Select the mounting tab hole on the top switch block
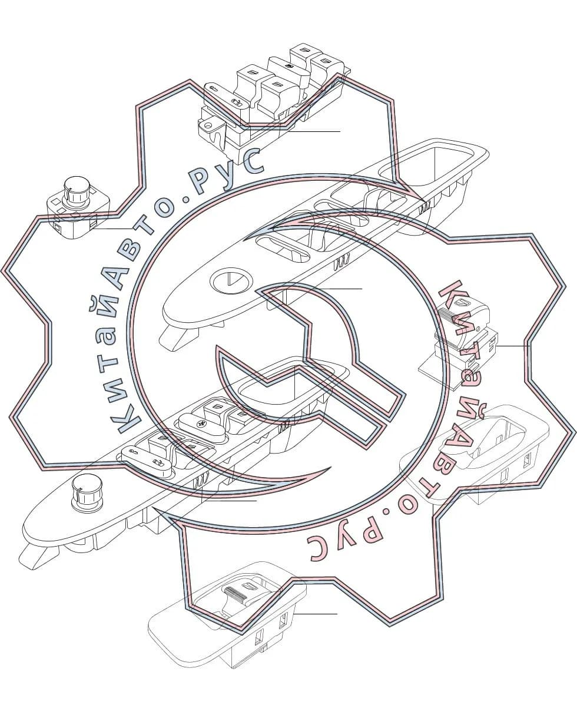(x=208, y=126)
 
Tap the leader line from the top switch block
(x=314, y=131)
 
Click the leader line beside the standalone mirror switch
(x=112, y=229)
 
